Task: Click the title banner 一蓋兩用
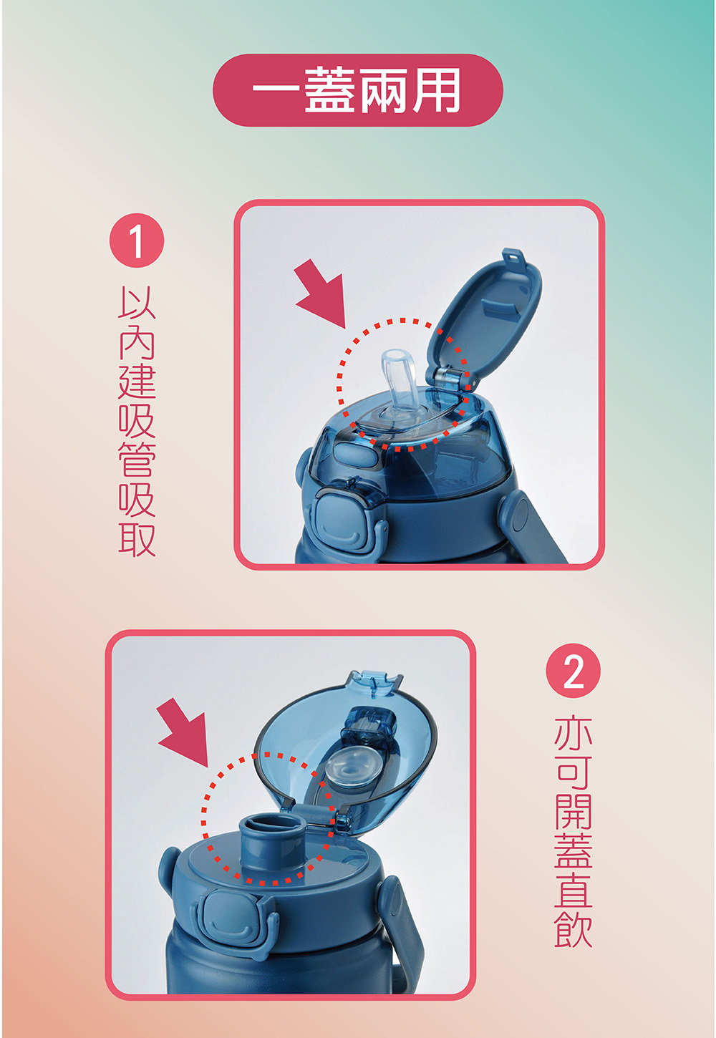357,90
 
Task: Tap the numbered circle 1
137,240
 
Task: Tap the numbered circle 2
573,671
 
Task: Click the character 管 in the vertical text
137,458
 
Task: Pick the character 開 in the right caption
574,811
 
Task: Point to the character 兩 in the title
384,90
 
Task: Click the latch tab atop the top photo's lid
514,258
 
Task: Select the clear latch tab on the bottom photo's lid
373,682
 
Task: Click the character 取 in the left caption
137,539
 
